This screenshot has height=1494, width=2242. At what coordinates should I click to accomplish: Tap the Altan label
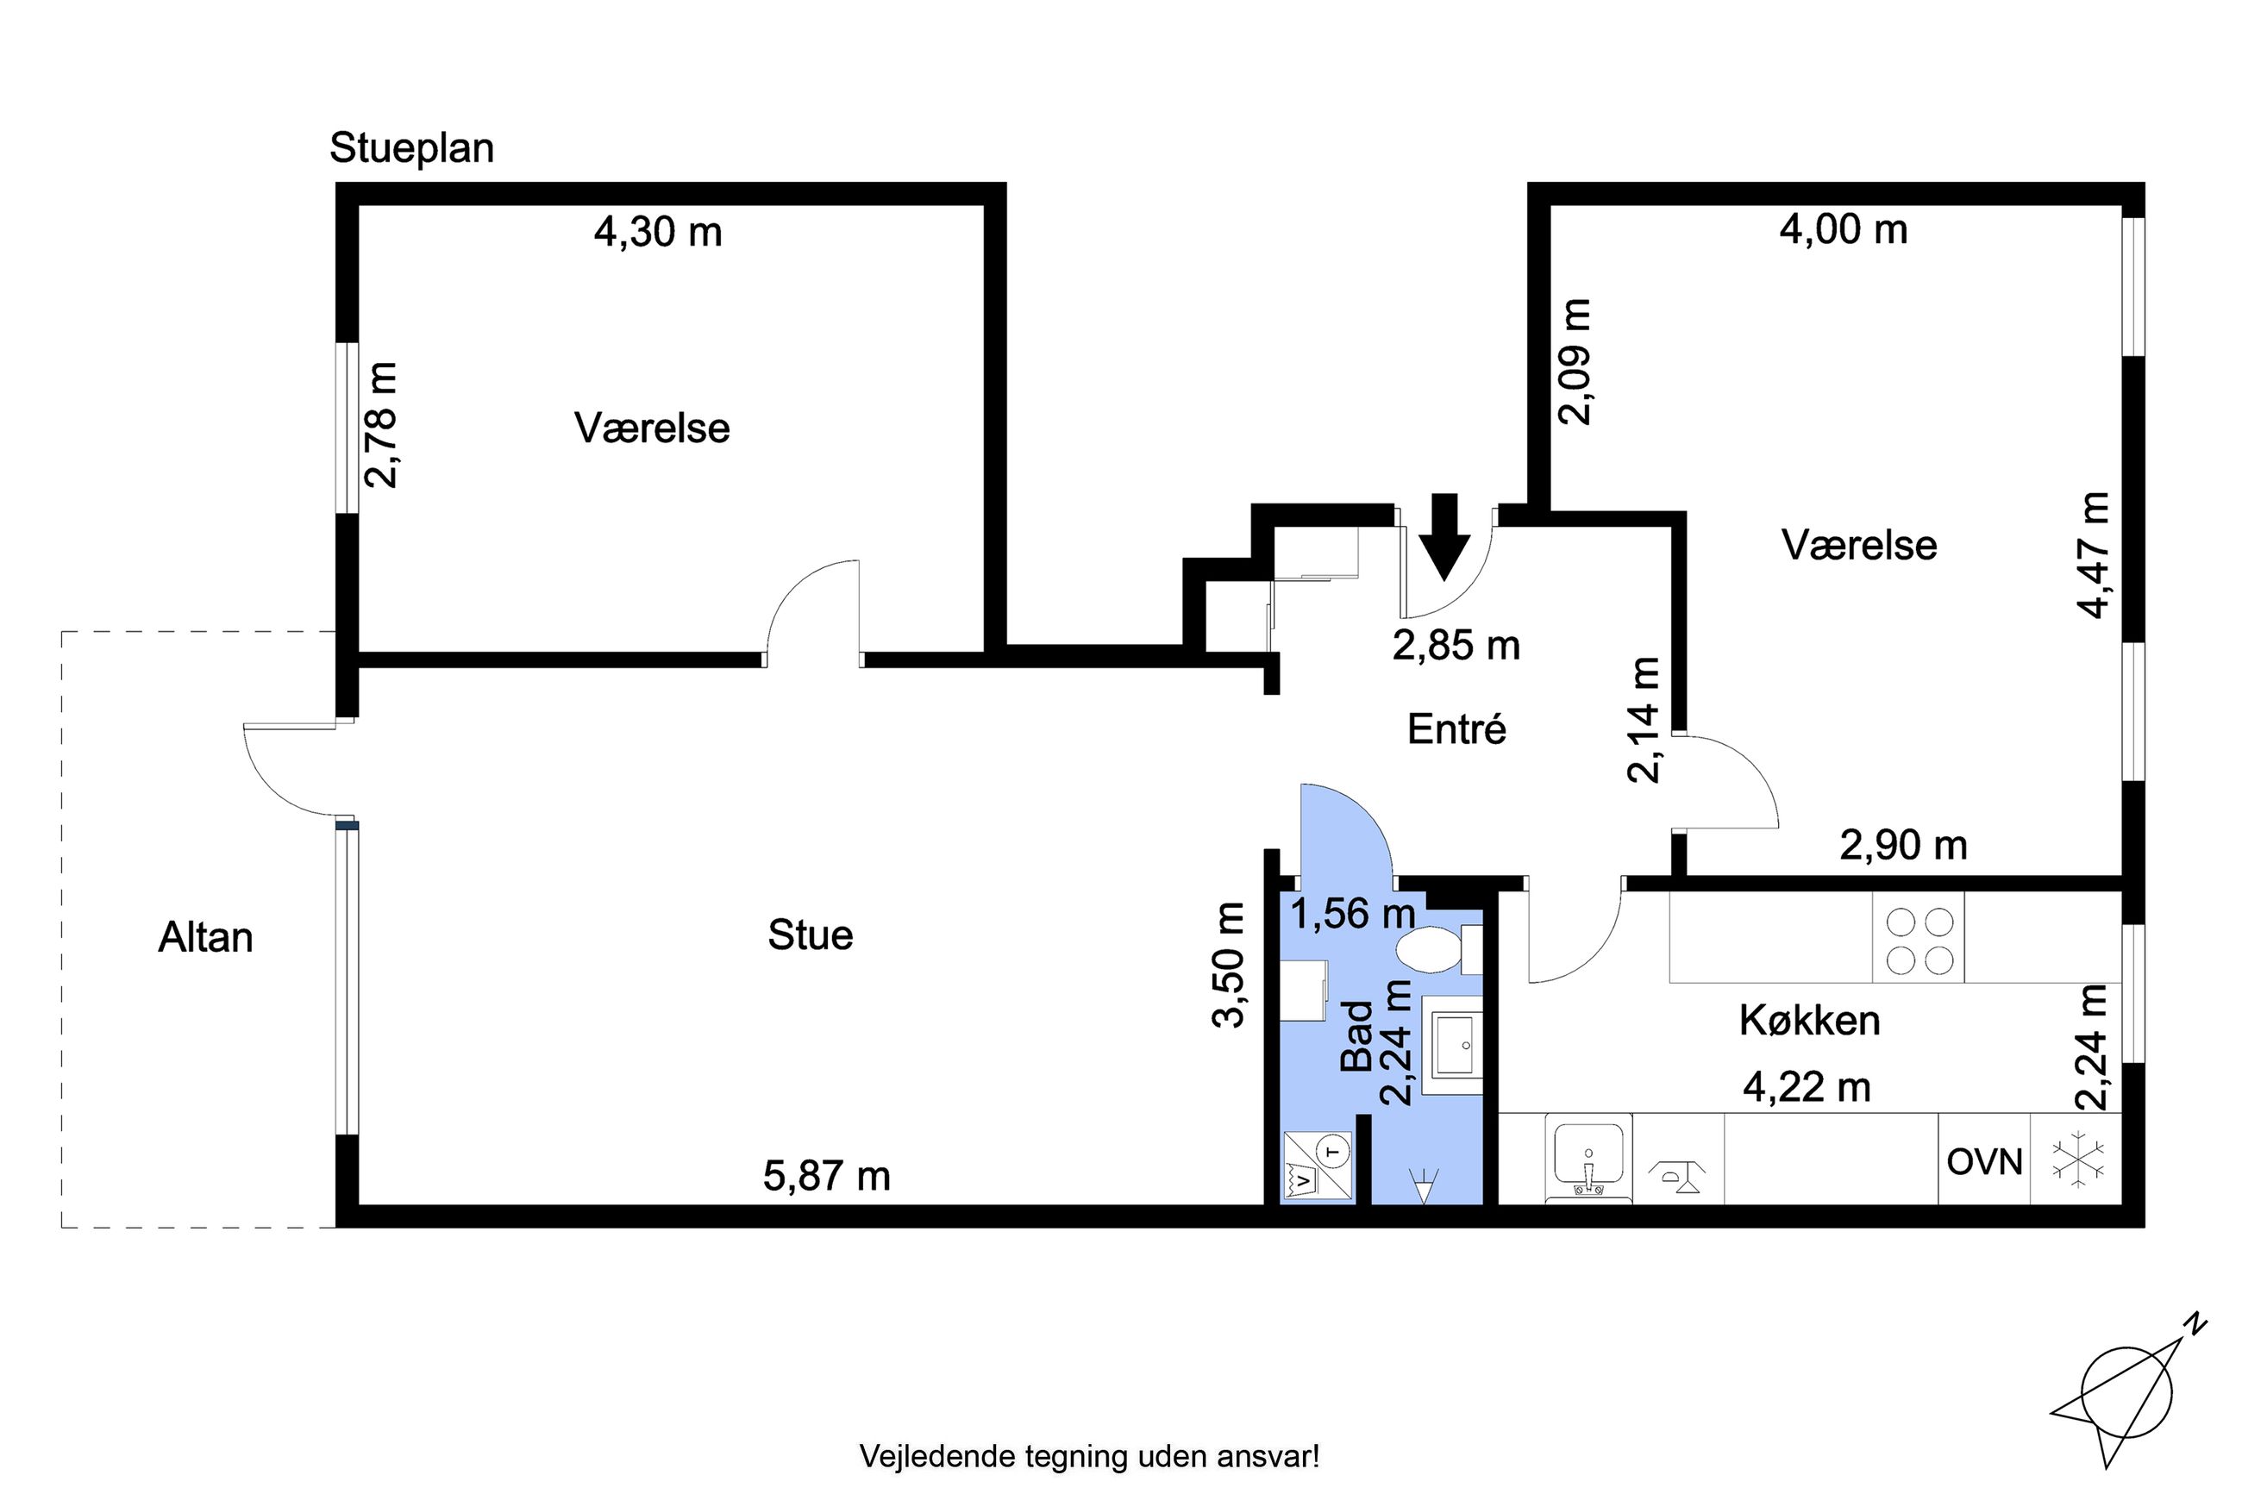tap(206, 938)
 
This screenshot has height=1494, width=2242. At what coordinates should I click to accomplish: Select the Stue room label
tap(810, 935)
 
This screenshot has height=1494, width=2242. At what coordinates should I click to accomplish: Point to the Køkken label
tap(1809, 1021)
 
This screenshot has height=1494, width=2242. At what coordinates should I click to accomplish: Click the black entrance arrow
tap(1444, 536)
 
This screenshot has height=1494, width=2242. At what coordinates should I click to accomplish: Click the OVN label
tap(1985, 1161)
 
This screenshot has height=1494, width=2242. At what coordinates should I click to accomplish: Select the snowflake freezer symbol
tap(2077, 1160)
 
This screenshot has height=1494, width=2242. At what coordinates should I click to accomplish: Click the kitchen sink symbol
tap(1588, 1159)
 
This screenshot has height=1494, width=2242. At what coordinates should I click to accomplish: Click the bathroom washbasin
tap(1452, 1044)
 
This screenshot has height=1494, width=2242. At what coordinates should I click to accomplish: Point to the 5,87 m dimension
tap(826, 1176)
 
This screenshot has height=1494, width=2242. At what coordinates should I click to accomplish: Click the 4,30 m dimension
tap(657, 232)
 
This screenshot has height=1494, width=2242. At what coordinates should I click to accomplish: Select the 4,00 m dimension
tap(1844, 229)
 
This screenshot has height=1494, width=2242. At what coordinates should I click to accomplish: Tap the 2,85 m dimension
tap(1456, 645)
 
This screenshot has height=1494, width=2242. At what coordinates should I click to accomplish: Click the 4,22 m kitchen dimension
tap(1807, 1086)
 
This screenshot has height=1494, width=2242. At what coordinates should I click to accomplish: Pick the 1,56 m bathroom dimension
tap(1352, 914)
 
